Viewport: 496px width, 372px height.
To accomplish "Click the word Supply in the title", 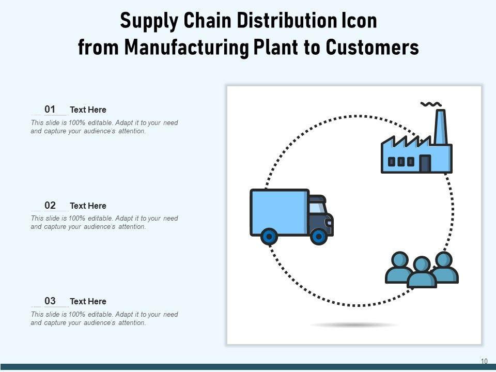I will point(146,22).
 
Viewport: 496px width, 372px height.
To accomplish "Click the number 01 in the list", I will point(50,109).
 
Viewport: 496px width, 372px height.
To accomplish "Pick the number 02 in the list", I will point(50,205).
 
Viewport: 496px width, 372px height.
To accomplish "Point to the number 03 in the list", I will point(50,301).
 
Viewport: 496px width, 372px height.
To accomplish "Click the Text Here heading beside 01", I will point(88,110).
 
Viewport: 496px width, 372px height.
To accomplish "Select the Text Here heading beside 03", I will point(88,301).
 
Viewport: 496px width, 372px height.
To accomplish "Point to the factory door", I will point(425,164).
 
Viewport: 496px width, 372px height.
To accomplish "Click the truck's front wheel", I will point(319,237).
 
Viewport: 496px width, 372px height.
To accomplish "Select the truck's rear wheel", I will point(269,237).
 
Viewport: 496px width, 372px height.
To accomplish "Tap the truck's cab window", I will point(317,208).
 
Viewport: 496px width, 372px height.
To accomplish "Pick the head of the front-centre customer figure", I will point(422,264).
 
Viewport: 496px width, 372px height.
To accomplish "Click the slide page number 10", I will point(484,361).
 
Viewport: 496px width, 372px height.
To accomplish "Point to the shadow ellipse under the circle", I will point(354,325).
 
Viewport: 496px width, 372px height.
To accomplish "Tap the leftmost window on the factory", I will point(392,162).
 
